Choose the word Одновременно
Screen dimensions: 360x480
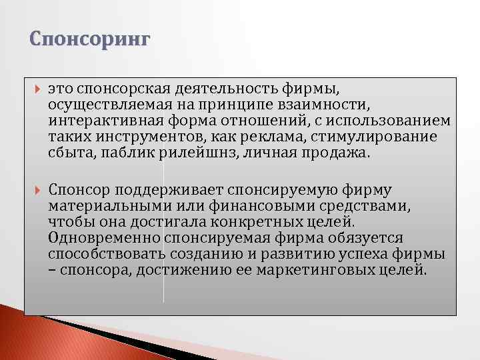pos(94,238)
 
